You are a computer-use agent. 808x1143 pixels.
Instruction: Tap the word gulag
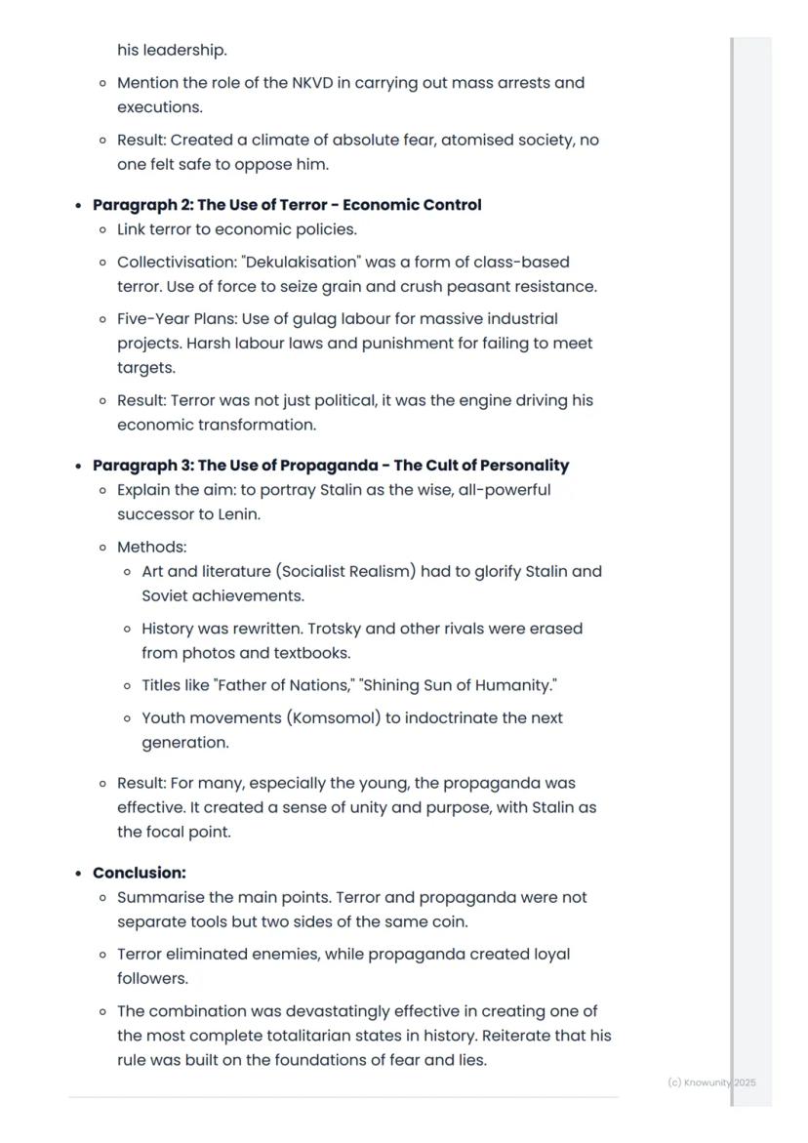click(315, 319)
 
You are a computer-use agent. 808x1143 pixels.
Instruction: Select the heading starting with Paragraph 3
click(331, 466)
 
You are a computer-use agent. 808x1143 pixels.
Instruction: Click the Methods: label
click(151, 548)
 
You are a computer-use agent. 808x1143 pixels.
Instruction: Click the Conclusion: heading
click(140, 873)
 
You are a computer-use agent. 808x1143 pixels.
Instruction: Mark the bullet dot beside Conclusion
click(78, 874)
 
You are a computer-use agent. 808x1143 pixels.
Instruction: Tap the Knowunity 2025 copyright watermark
click(711, 1082)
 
